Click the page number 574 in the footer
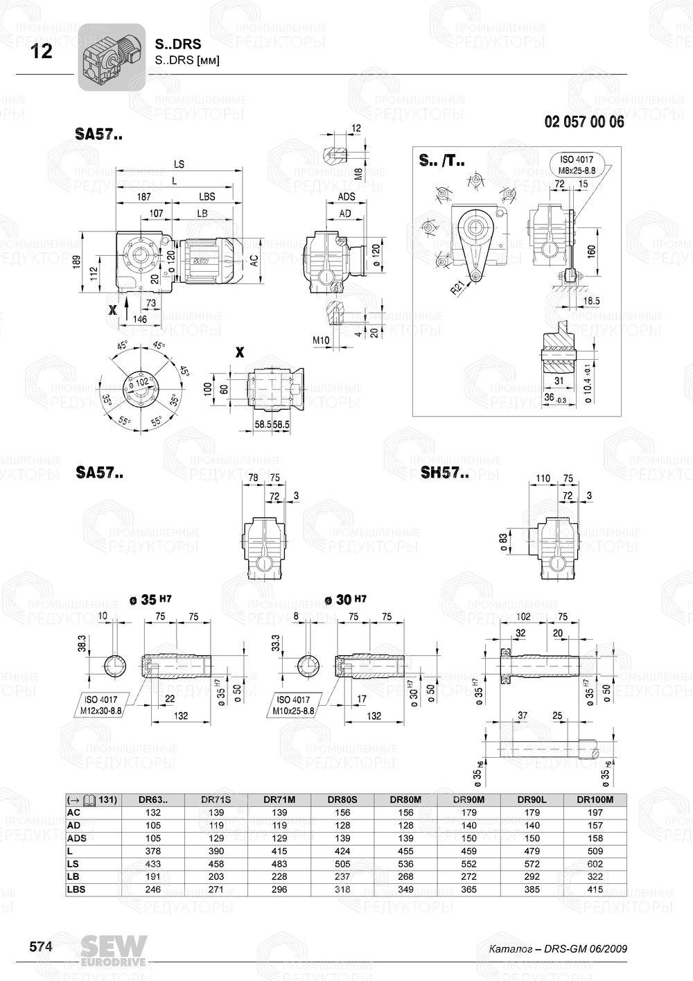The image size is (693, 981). [40, 947]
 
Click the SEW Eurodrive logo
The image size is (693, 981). [114, 950]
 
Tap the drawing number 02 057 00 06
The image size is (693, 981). [584, 122]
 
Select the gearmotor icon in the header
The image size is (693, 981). [111, 57]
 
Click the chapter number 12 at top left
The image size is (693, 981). [41, 51]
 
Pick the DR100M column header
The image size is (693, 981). [595, 799]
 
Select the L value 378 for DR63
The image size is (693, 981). [153, 851]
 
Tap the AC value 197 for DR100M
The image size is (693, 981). [595, 813]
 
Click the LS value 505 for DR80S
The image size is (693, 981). [342, 864]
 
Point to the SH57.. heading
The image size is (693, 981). [444, 474]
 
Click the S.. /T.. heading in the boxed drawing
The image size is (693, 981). [441, 161]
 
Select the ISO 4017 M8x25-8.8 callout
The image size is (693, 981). [577, 164]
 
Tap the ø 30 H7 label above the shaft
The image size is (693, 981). [344, 600]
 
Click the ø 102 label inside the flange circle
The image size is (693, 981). [139, 383]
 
